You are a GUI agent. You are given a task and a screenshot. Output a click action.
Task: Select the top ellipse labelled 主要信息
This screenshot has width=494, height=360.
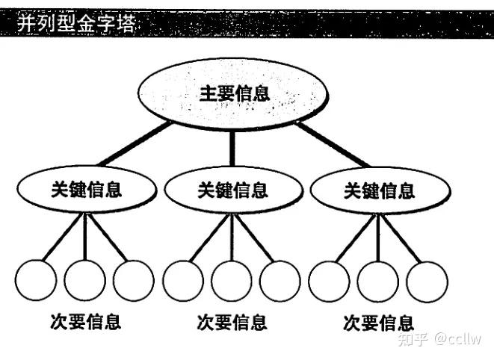[233, 94]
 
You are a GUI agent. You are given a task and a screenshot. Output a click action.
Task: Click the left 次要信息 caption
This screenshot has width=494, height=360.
[85, 322]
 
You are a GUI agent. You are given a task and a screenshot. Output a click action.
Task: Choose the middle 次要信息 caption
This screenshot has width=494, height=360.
[232, 322]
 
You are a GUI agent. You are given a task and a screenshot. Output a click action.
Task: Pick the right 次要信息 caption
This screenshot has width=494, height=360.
[378, 322]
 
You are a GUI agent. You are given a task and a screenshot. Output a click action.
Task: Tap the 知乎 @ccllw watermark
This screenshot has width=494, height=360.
[440, 340]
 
